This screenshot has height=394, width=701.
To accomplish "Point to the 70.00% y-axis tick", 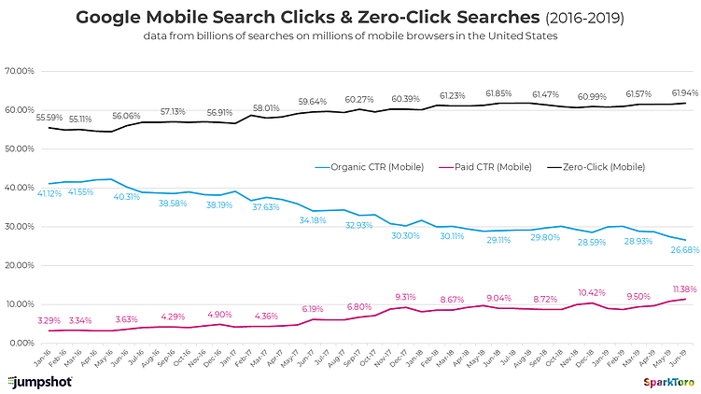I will pos(19,71).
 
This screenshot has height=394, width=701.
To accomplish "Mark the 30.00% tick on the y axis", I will pos(19,227).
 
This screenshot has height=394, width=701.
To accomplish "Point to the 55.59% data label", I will pos(50,117).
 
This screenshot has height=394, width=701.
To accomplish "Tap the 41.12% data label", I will pos(50,193).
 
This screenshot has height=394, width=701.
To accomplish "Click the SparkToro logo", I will pos(667,382).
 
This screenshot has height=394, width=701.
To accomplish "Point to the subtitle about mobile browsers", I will pos(350,36).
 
